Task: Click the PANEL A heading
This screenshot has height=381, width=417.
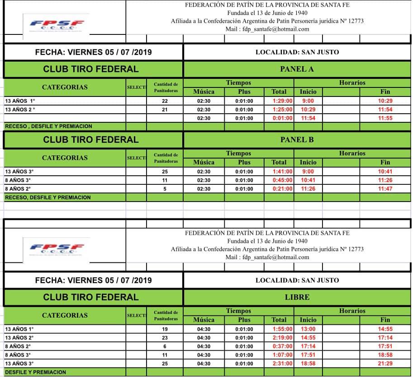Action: point(297,69)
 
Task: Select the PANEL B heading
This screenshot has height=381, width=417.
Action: point(297,140)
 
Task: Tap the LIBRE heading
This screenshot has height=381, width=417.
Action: point(297,297)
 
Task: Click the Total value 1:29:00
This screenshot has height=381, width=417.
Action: point(283,101)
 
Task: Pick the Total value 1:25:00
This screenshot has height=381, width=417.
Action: point(283,110)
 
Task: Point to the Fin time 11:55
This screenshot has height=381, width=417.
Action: point(385,118)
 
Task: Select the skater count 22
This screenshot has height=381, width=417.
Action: point(165,101)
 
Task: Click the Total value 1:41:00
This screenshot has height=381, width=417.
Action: point(283,172)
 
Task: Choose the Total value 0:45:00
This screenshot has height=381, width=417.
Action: point(283,180)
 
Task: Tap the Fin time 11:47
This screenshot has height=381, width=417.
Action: point(385,189)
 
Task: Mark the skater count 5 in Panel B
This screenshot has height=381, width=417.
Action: point(165,189)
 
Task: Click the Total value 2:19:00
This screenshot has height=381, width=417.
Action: point(283,338)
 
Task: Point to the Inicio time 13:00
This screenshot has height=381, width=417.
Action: point(308,329)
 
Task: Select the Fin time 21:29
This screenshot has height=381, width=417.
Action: point(385,364)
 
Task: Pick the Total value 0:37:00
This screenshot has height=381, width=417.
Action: point(283,347)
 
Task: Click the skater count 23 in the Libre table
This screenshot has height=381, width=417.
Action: point(165,338)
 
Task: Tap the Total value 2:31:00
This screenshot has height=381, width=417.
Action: point(283,364)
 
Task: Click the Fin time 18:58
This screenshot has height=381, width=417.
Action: point(385,355)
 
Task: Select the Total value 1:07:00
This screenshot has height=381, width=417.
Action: point(283,355)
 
